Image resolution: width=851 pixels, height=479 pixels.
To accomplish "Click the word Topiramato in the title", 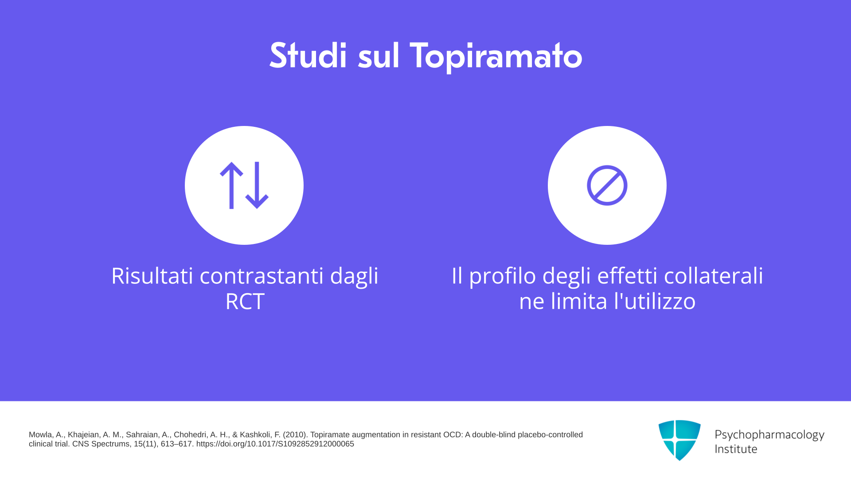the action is [496, 56].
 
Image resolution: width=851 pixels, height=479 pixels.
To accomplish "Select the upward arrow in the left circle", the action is [231, 185].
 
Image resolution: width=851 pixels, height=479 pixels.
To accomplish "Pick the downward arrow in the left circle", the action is [257, 185].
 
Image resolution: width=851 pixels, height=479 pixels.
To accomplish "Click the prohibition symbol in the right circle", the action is [607, 185].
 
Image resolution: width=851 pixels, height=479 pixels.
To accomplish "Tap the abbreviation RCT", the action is [245, 301].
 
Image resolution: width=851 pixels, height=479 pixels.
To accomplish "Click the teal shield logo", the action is [679, 440].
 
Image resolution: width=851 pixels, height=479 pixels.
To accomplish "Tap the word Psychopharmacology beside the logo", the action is [769, 435].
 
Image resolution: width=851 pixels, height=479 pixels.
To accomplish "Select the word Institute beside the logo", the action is [736, 449].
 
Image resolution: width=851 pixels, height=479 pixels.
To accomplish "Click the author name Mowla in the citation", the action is [41, 435].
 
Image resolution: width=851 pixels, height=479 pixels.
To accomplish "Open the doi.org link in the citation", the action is [275, 444].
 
